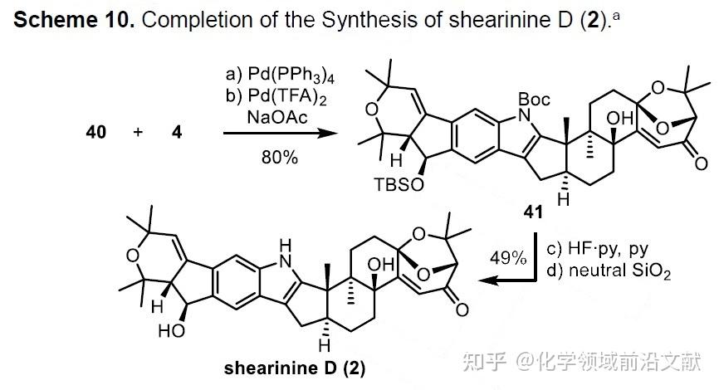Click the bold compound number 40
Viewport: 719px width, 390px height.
(95, 131)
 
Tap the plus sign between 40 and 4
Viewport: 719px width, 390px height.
(139, 131)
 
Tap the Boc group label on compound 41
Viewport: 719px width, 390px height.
(535, 100)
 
